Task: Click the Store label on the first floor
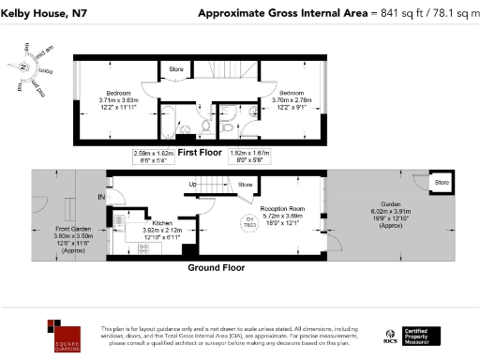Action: pyautogui.click(x=175, y=68)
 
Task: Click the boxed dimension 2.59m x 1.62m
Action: pyautogui.click(x=155, y=157)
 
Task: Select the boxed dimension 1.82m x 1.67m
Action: pyautogui.click(x=249, y=157)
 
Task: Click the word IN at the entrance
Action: pyautogui.click(x=100, y=196)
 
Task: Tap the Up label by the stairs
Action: pyautogui.click(x=194, y=185)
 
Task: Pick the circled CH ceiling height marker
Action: pyautogui.click(x=250, y=222)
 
